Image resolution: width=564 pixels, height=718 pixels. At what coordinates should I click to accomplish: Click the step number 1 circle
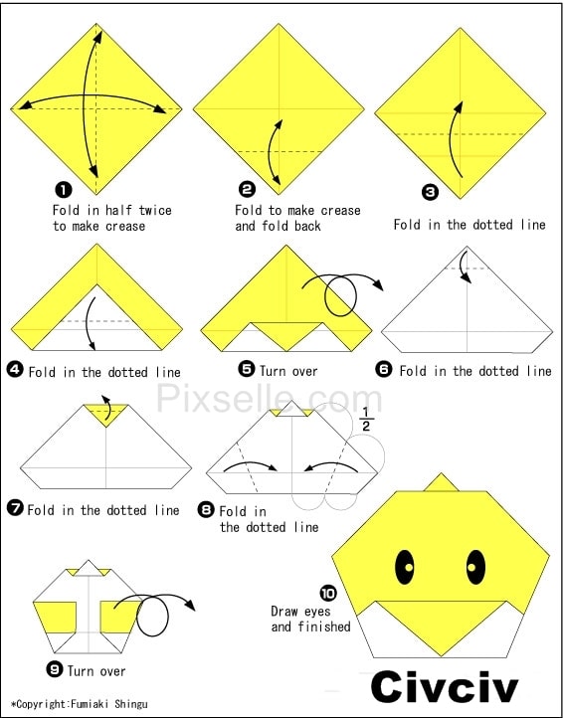coord(64,190)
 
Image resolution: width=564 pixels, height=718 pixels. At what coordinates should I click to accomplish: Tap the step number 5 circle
coord(247,369)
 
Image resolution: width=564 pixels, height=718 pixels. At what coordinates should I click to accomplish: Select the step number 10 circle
coord(328,594)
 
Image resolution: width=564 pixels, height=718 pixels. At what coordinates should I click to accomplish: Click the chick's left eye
coord(405,567)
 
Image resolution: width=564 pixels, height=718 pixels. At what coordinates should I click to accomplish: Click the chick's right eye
coord(476,567)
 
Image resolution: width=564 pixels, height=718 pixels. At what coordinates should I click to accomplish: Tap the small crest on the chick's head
coord(442,482)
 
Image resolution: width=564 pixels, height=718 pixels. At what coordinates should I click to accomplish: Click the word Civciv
coord(445,688)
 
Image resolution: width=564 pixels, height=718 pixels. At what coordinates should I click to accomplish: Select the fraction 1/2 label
coord(366,419)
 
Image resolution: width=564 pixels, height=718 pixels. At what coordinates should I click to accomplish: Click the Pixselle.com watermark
coord(270,399)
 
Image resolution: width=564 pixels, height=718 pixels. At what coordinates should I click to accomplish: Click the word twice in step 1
coord(155,210)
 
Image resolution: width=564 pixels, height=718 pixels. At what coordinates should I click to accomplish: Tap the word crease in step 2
coord(340,211)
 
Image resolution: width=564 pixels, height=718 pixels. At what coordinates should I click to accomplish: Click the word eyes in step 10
coord(318,612)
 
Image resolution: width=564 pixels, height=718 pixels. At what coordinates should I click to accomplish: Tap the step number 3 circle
coord(430,191)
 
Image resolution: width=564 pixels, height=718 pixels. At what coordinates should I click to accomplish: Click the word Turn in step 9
coord(82,671)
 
